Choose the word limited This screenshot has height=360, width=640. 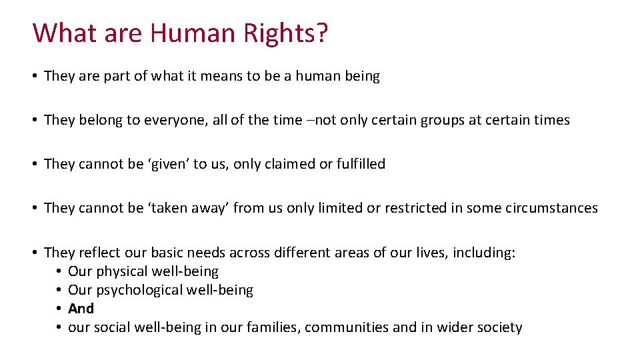click(x=341, y=209)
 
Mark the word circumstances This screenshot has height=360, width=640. click(x=556, y=209)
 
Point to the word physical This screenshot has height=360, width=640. click(x=122, y=272)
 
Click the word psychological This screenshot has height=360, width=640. click(x=139, y=291)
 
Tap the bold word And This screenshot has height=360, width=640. click(x=81, y=309)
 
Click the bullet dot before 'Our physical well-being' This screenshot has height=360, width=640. click(x=59, y=272)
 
